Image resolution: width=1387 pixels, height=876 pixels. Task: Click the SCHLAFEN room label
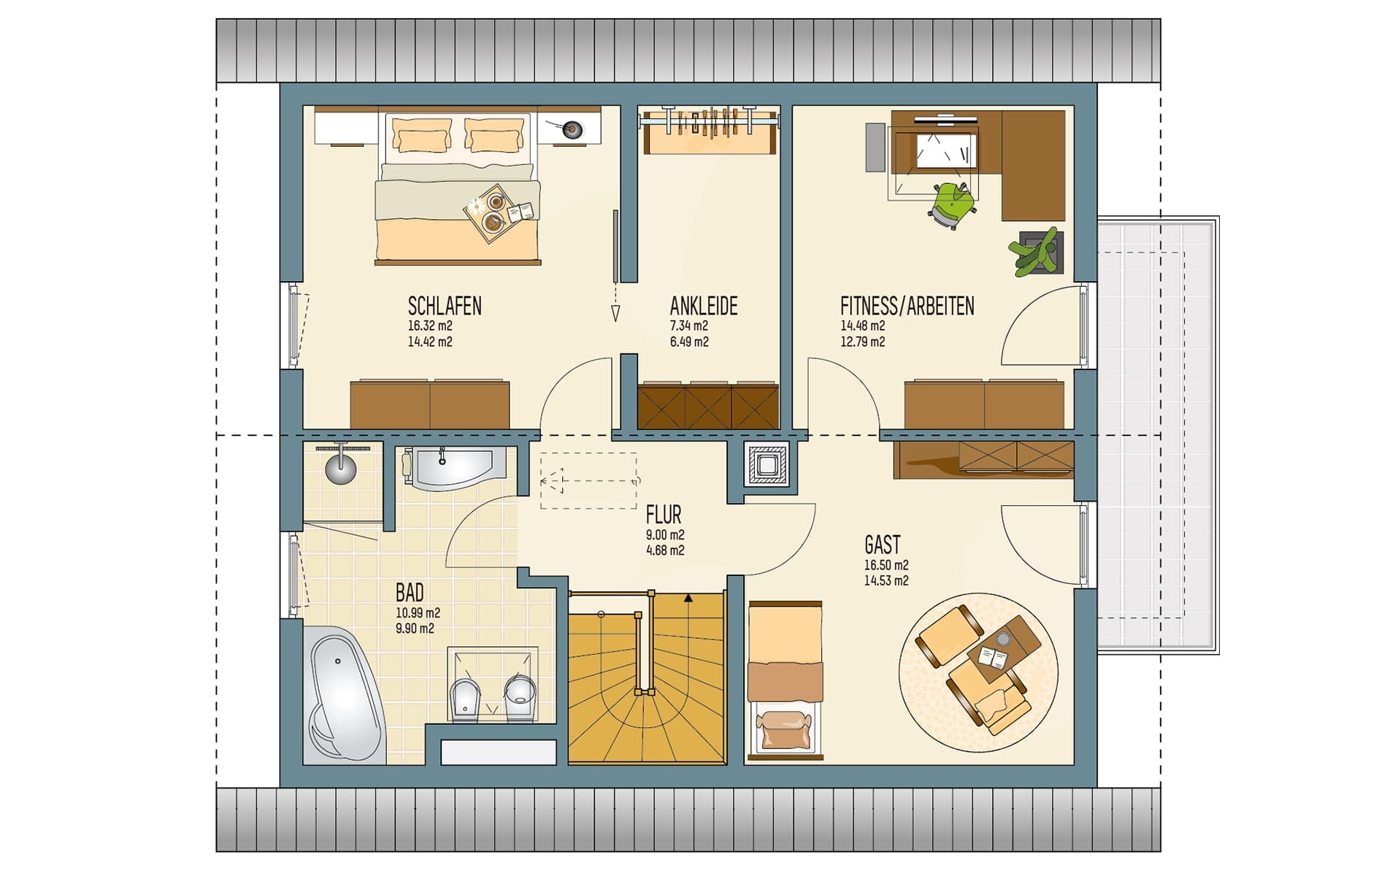pyautogui.click(x=445, y=306)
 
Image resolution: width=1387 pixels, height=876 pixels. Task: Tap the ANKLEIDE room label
pyautogui.click(x=704, y=306)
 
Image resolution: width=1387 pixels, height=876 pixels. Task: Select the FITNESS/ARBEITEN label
pyautogui.click(x=907, y=306)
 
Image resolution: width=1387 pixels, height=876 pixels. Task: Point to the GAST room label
pyautogui.click(x=883, y=545)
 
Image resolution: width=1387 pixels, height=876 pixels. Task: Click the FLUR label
pyautogui.click(x=664, y=515)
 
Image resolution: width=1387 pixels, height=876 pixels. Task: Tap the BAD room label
pyautogui.click(x=410, y=592)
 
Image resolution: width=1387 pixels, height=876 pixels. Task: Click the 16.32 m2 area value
pyautogui.click(x=430, y=326)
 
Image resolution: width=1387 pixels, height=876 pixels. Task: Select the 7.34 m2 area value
pyautogui.click(x=689, y=326)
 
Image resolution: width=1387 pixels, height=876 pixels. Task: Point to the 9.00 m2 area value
pyautogui.click(x=665, y=535)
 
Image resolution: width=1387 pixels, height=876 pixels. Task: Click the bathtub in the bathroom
pyautogui.click(x=344, y=694)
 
